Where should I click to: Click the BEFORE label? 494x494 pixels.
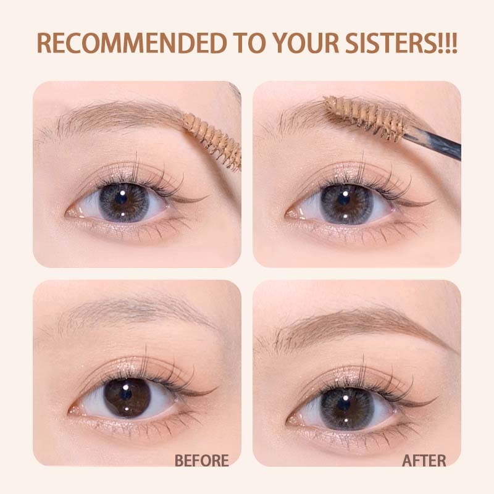202,460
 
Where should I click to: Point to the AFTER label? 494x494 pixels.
424,460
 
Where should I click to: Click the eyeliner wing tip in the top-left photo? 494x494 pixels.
207,196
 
